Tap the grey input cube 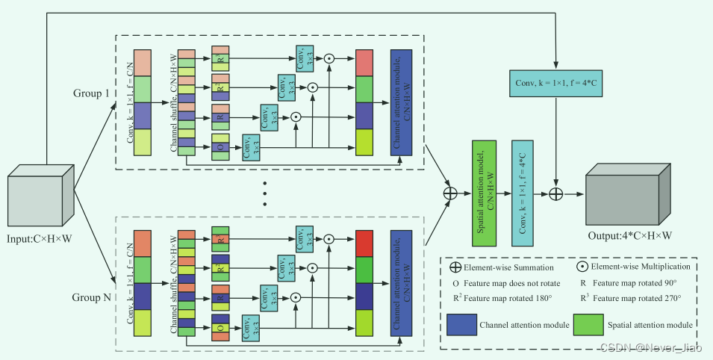pos(40,196)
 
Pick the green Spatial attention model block pos(485,193)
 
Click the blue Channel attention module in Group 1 pos(402,102)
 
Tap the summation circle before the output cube pos(555,193)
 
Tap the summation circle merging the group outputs pos(450,193)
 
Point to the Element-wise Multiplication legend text pos(636,267)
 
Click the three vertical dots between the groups pos(264,193)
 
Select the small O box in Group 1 pos(219,146)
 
